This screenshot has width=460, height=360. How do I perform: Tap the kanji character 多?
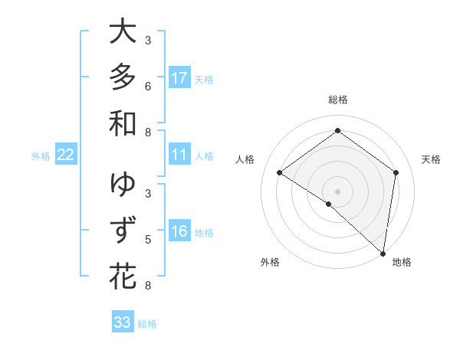point(123,77)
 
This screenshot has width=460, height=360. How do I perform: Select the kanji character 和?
point(123,123)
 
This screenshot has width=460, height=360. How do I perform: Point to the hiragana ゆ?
point(123,185)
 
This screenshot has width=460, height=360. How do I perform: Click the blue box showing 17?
point(179,78)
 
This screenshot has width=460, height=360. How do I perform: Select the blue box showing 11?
point(179,155)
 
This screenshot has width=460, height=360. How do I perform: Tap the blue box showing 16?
point(179,231)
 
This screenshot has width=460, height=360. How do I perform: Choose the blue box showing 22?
point(66,155)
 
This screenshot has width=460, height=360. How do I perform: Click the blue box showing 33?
point(123,322)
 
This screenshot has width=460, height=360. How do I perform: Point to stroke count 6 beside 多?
point(148,86)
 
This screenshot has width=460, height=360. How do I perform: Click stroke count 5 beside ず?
point(148,240)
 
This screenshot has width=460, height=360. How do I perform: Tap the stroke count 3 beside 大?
point(148,40)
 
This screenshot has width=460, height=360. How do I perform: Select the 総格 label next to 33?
point(147,324)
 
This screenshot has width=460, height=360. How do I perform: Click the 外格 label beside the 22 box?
point(41,156)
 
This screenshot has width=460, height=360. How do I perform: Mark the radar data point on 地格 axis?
point(383,253)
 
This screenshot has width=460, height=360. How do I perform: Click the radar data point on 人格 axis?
point(280,173)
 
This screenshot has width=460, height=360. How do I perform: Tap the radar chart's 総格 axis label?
point(338,100)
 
